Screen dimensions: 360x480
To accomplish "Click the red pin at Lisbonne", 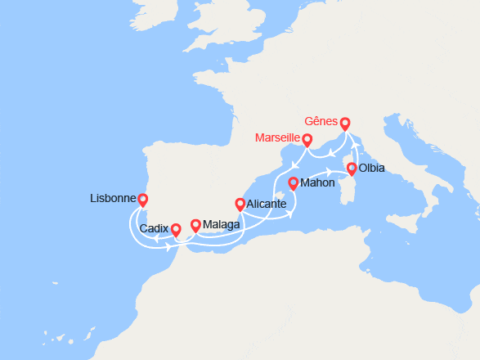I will pyautogui.click(x=143, y=200).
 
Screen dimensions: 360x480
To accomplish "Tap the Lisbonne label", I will pyautogui.click(x=113, y=199).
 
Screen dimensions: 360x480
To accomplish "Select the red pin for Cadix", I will pyautogui.click(x=176, y=221).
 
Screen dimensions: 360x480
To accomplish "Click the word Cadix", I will pyautogui.click(x=154, y=230).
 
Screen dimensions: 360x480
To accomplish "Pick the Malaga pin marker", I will pyautogui.click(x=195, y=225).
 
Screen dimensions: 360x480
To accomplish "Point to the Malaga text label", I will pyautogui.click(x=221, y=225).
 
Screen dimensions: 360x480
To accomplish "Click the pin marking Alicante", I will pyautogui.click(x=240, y=205).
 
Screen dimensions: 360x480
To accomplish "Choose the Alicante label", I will pyautogui.click(x=266, y=204).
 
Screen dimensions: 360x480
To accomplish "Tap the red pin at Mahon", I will pyautogui.click(x=293, y=183).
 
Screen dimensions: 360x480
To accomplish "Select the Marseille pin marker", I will pyautogui.click(x=308, y=140).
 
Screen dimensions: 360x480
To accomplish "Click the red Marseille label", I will pyautogui.click(x=277, y=137).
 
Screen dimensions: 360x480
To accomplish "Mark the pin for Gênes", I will pyautogui.click(x=344, y=124).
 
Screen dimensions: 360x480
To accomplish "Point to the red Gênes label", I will pyautogui.click(x=320, y=121).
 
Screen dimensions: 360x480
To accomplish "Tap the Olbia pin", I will pyautogui.click(x=352, y=169).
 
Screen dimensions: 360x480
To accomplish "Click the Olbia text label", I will pyautogui.click(x=371, y=169).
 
